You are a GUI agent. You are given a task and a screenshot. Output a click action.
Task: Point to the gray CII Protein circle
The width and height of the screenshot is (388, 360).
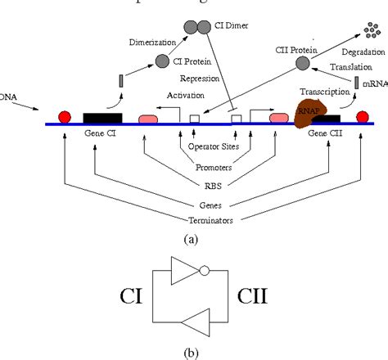tap(302, 63)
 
